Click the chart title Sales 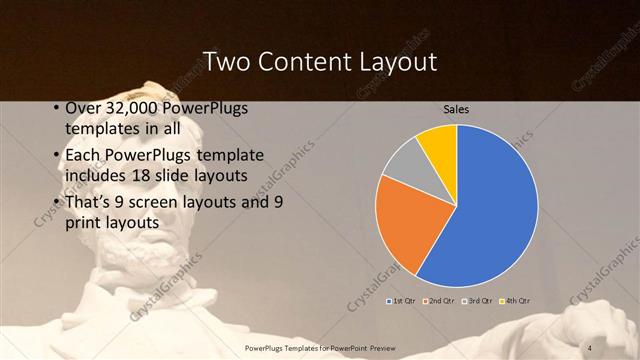tap(456, 109)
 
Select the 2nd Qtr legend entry tap(441, 300)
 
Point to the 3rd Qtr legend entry tap(478, 300)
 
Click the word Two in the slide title tap(223, 62)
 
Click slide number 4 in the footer tap(590, 347)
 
